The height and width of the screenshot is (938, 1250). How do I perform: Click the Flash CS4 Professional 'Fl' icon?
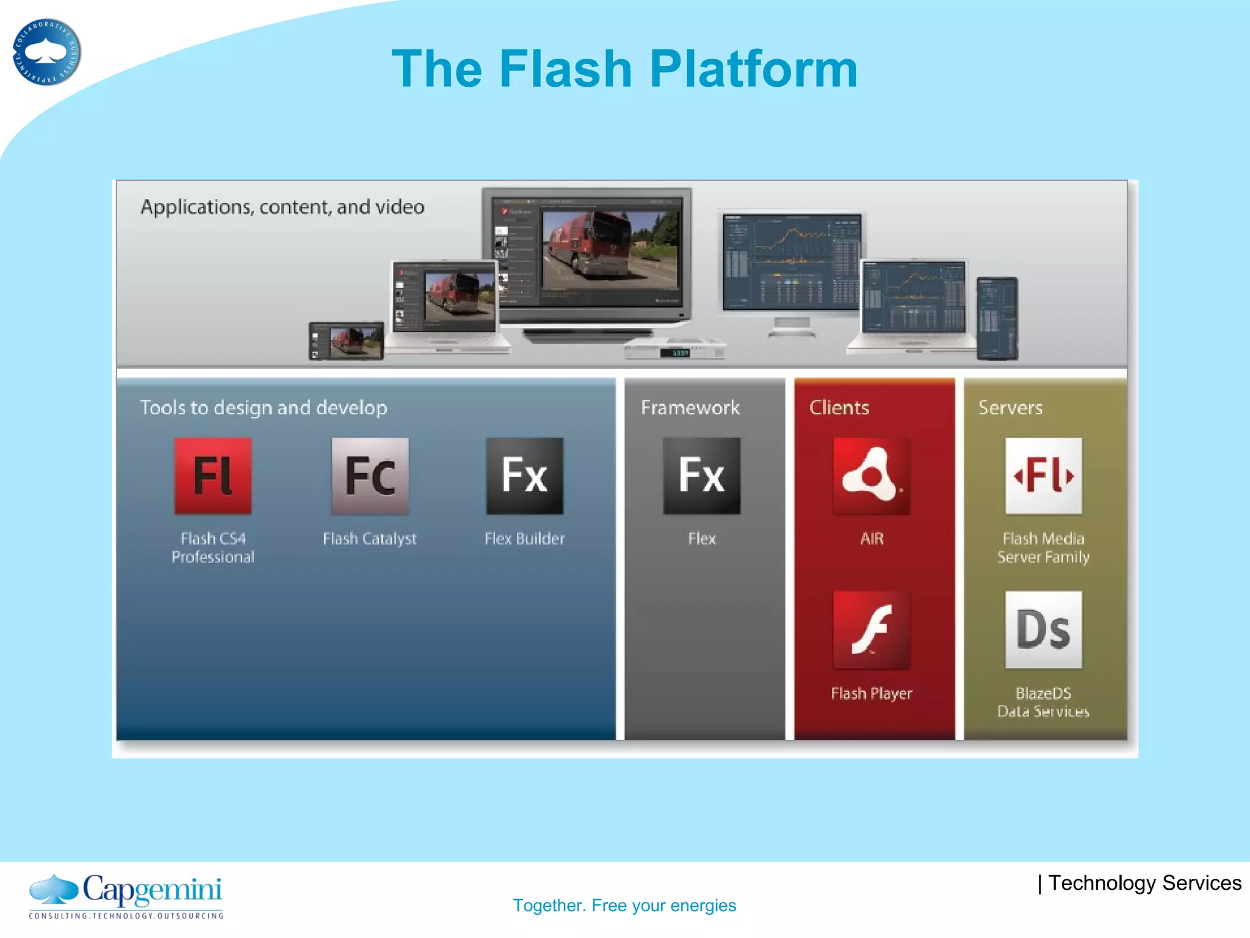(x=212, y=476)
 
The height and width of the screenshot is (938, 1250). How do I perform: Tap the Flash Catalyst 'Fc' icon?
(x=370, y=476)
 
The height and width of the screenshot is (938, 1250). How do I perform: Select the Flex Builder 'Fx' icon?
(x=524, y=476)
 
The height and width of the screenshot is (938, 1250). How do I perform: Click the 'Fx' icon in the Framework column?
(x=702, y=476)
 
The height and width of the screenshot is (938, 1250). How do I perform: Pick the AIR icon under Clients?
(x=872, y=476)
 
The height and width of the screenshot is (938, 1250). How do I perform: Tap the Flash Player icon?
(x=872, y=630)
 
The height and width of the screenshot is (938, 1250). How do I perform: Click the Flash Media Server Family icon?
(x=1043, y=476)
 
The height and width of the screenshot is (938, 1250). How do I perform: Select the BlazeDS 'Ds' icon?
(x=1043, y=630)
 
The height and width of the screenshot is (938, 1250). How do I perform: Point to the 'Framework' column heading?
(x=690, y=407)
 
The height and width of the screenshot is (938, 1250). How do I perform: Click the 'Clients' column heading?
(x=839, y=407)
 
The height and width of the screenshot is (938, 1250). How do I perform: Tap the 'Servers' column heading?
(x=1010, y=407)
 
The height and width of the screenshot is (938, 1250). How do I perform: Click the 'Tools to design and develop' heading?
(x=264, y=407)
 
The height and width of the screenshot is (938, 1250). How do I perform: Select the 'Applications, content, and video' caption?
(x=282, y=207)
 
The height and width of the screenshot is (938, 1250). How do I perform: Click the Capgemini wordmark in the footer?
(x=152, y=890)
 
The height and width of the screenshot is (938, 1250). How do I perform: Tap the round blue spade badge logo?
(x=46, y=52)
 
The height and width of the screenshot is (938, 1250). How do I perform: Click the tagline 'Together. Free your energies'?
(x=624, y=905)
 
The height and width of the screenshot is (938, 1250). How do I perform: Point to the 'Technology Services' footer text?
(x=1144, y=883)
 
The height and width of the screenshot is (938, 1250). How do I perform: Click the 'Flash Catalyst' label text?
(x=369, y=539)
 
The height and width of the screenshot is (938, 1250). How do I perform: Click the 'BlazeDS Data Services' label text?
(x=1043, y=702)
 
